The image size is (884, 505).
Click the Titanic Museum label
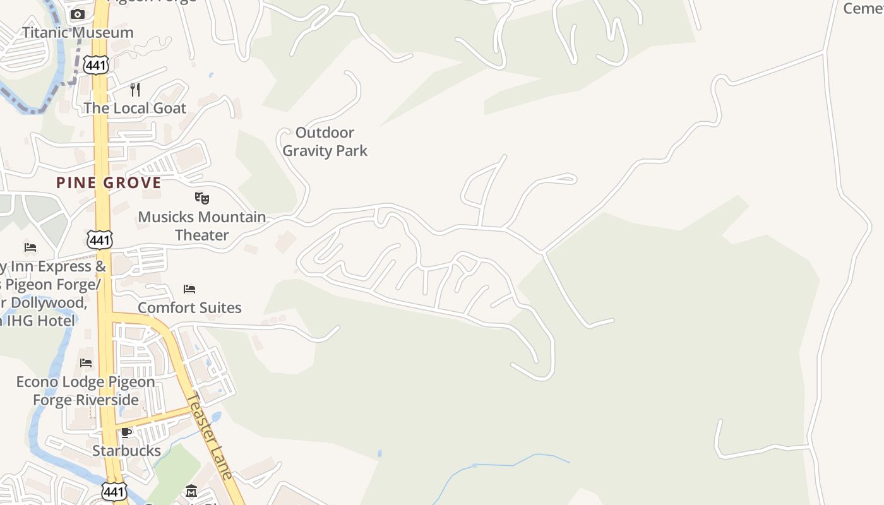78,32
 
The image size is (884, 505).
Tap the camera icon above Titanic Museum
78,15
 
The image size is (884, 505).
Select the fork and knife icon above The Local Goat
135,89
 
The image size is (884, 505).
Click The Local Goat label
135,108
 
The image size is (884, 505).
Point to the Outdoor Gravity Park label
325,141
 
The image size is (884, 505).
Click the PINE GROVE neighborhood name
109,183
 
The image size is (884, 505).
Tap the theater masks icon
202,198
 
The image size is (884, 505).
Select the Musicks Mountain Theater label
202,226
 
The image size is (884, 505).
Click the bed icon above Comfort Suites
189,289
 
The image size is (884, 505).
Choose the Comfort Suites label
189,308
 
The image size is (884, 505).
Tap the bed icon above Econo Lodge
86,363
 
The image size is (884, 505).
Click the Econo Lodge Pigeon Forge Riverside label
85,391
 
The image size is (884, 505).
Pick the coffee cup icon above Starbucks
126,432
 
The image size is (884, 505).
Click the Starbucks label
126,451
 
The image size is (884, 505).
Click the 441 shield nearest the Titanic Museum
99,64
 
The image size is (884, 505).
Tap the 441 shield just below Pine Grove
100,239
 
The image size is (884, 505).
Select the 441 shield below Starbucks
114,491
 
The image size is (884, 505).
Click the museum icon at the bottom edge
191,491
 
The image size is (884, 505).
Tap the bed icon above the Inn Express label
30,247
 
